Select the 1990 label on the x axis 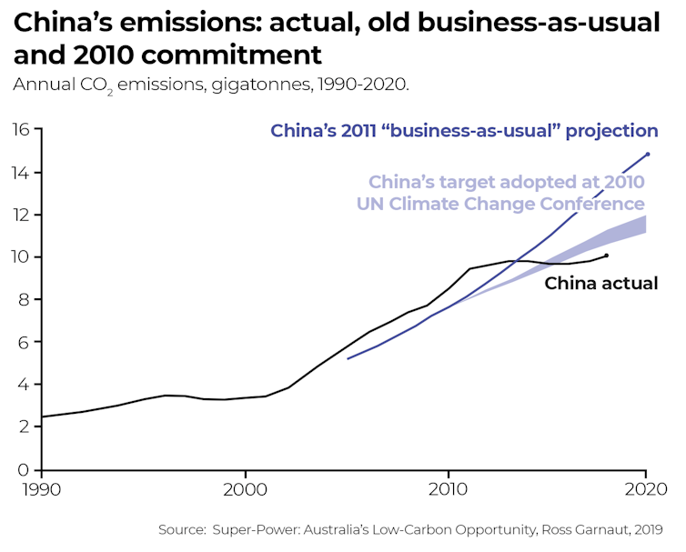coord(42,488)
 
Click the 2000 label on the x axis coord(245,488)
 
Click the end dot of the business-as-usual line coord(648,154)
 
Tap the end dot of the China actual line coord(607,256)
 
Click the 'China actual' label coord(600,284)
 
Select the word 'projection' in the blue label coord(610,131)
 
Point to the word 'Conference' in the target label coord(592,204)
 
